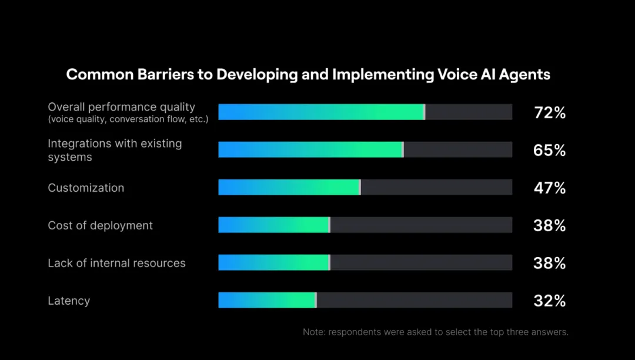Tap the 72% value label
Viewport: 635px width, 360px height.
pyautogui.click(x=549, y=112)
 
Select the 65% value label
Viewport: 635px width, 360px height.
pyautogui.click(x=549, y=150)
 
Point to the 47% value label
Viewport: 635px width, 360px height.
pyautogui.click(x=549, y=188)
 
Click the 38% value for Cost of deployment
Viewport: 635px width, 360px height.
pyautogui.click(x=549, y=225)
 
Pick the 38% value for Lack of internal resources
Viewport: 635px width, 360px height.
pyautogui.click(x=549, y=263)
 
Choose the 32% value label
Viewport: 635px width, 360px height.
pyautogui.click(x=549, y=301)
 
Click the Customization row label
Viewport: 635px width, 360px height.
pyautogui.click(x=86, y=188)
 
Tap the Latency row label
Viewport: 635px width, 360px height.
pyautogui.click(x=69, y=301)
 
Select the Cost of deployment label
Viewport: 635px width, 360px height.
pyautogui.click(x=100, y=225)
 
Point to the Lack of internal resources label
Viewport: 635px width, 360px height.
pyautogui.click(x=116, y=263)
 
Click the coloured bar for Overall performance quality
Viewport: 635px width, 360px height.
pyautogui.click(x=321, y=112)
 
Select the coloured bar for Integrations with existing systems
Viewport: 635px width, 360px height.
pyautogui.click(x=310, y=149)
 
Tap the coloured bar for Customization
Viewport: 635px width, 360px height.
pyautogui.click(x=289, y=187)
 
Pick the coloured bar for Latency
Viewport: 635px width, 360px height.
pyautogui.click(x=267, y=300)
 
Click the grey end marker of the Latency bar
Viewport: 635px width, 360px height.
pyautogui.click(x=316, y=300)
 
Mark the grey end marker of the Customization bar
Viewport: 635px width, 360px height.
pyautogui.click(x=360, y=187)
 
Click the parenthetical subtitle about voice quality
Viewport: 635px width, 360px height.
pyautogui.click(x=128, y=119)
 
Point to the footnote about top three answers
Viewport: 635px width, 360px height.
pyautogui.click(x=436, y=332)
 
